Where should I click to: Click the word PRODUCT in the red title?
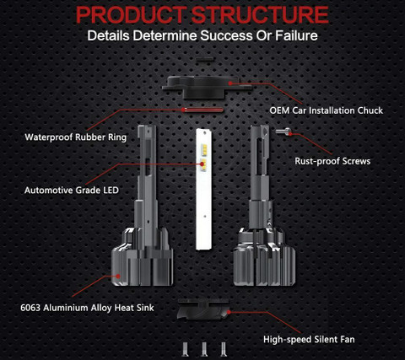click(131, 14)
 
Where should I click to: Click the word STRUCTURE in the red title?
click(260, 14)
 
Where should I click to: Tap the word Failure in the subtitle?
click(296, 35)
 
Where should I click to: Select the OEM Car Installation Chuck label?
click(327, 110)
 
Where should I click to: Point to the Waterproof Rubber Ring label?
click(76, 137)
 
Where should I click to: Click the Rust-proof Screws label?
click(332, 161)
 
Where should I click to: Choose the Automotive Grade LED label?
click(72, 191)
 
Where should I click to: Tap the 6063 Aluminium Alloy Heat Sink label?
click(87, 308)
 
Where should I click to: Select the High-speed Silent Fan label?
click(309, 339)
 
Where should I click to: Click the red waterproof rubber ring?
click(202, 110)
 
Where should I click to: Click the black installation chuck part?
click(207, 87)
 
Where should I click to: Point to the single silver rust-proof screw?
click(283, 132)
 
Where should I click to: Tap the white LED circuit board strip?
click(204, 189)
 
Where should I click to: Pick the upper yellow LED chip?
click(203, 148)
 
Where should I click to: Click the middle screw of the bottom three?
click(204, 349)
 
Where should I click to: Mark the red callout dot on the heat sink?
click(118, 276)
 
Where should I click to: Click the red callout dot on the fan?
click(229, 312)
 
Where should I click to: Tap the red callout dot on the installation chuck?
click(230, 83)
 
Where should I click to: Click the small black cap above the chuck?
click(205, 59)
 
